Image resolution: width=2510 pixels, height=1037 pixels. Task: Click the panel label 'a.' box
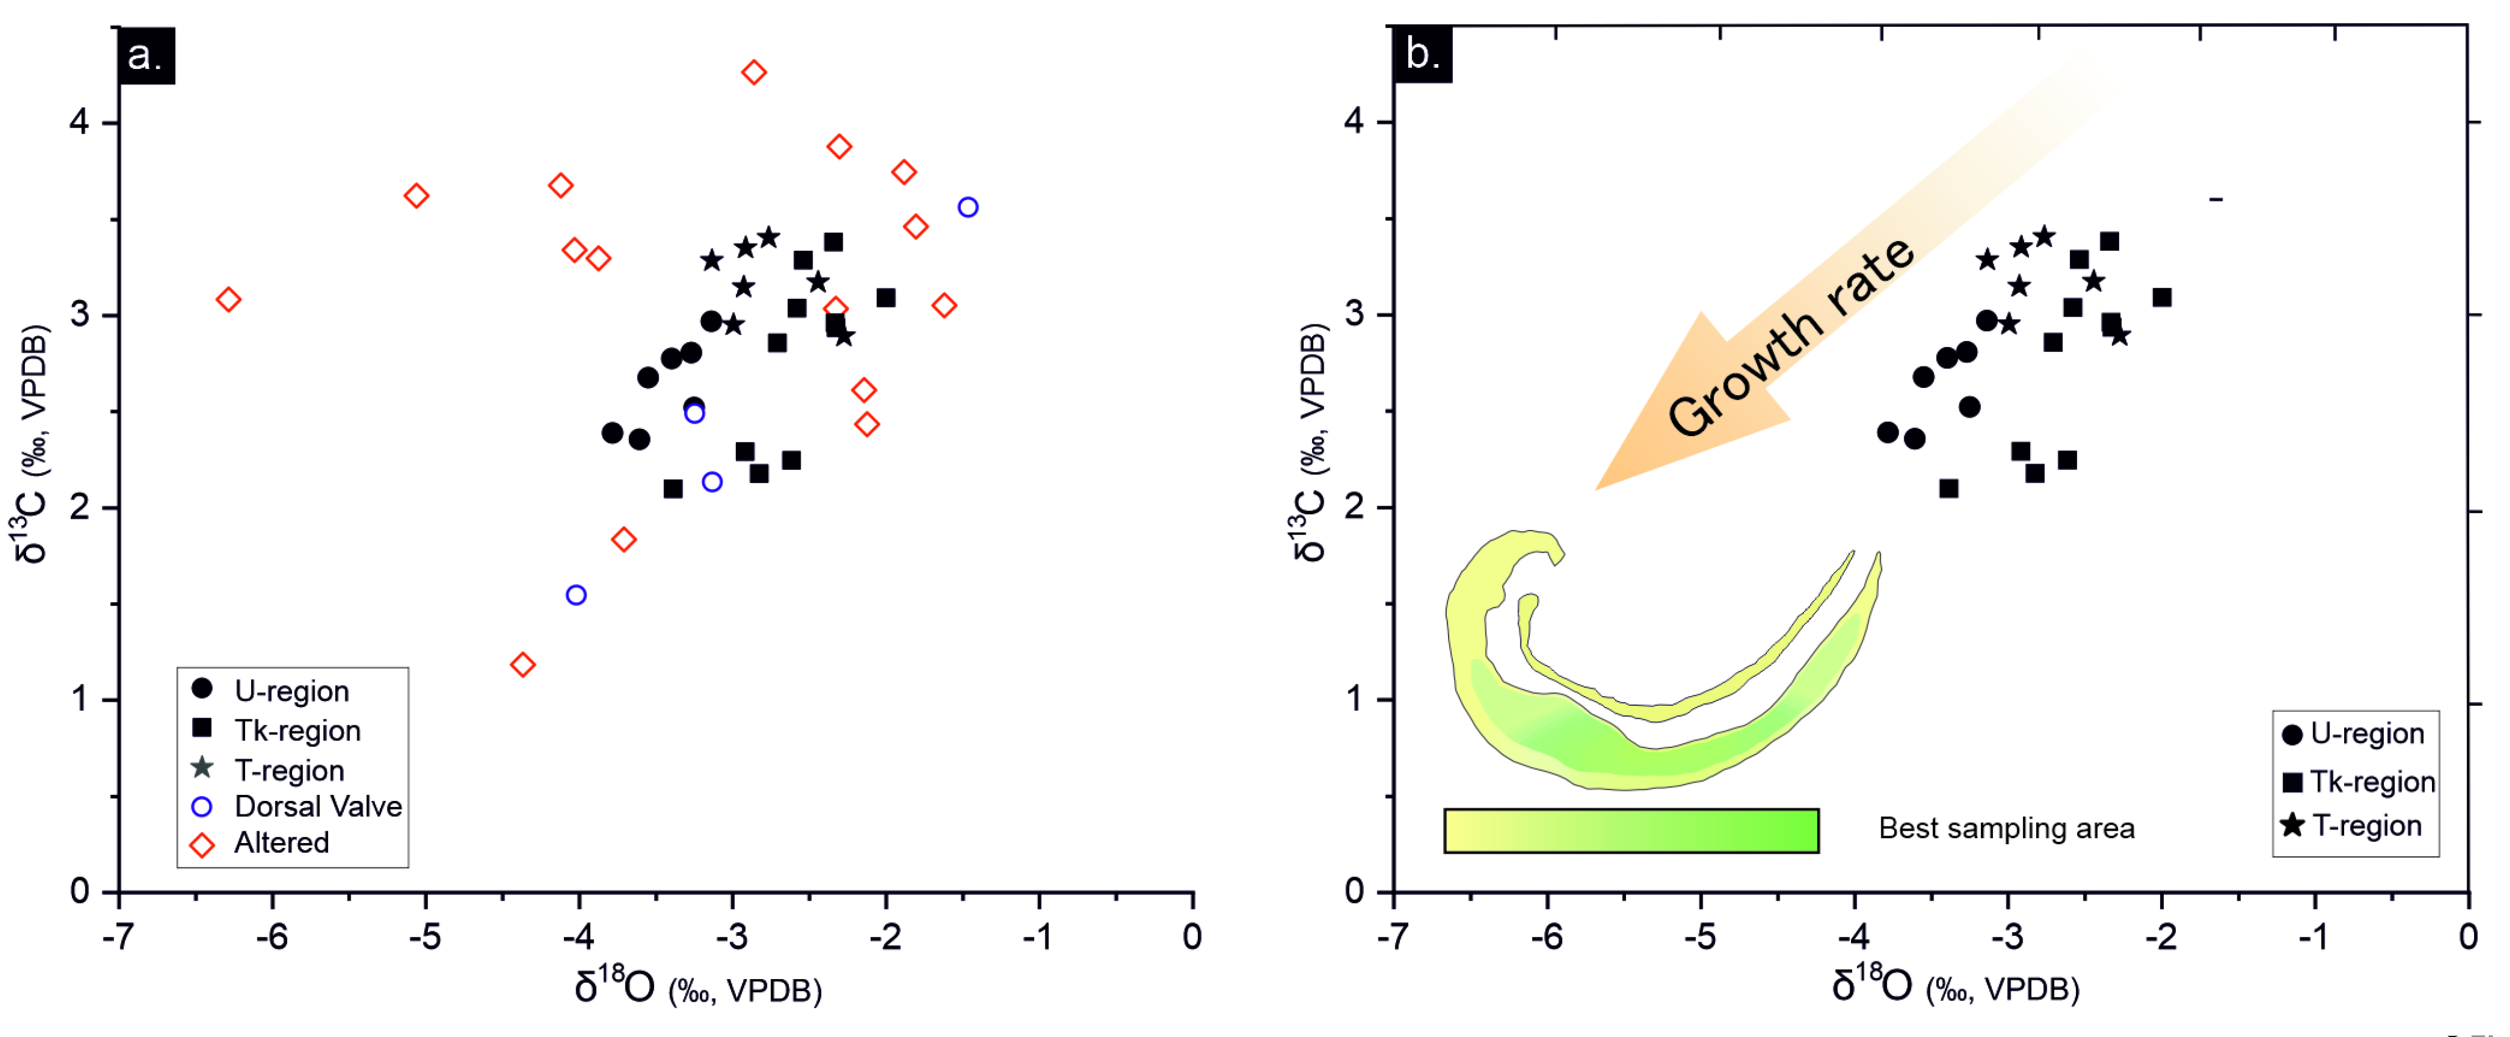tap(145, 56)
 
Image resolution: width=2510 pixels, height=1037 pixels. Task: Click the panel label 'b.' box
tap(1422, 54)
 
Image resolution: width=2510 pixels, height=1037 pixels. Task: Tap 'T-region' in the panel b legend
tap(2366, 825)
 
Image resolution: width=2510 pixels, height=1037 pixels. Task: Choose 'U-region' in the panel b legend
tap(2366, 734)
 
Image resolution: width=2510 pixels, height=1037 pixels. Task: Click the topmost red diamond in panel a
tap(753, 72)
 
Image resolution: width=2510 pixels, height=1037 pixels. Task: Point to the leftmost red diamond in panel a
tap(228, 300)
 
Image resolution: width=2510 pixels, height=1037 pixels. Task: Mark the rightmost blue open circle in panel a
tap(968, 207)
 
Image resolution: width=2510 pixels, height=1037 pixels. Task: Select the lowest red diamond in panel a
tap(522, 665)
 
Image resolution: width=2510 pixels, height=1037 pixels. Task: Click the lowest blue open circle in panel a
tap(576, 595)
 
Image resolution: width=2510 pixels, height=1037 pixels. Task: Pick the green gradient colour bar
tap(1631, 830)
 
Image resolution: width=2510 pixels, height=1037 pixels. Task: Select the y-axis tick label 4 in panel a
tap(80, 123)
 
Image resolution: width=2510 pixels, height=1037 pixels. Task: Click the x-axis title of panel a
tap(697, 988)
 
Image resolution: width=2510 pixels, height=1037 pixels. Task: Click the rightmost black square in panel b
tap(2162, 297)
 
